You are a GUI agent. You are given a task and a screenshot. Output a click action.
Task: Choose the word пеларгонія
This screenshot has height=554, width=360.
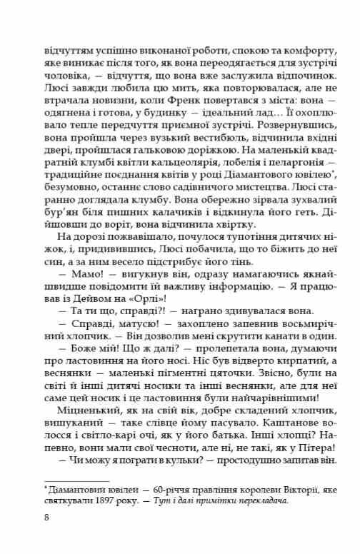click(277, 166)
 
